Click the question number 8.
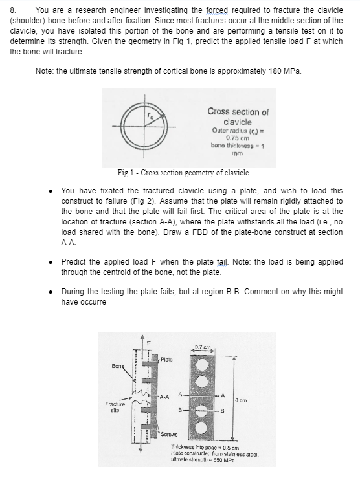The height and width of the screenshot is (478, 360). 12,10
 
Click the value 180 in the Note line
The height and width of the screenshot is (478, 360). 275,71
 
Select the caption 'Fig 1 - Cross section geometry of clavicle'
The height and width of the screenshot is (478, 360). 183,173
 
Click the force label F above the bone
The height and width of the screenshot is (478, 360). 149,343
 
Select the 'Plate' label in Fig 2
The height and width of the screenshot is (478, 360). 166,359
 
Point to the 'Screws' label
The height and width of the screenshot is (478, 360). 170,434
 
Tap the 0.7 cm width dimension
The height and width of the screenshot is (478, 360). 203,347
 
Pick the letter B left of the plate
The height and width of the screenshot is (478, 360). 180,411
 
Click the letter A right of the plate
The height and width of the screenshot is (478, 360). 223,395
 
